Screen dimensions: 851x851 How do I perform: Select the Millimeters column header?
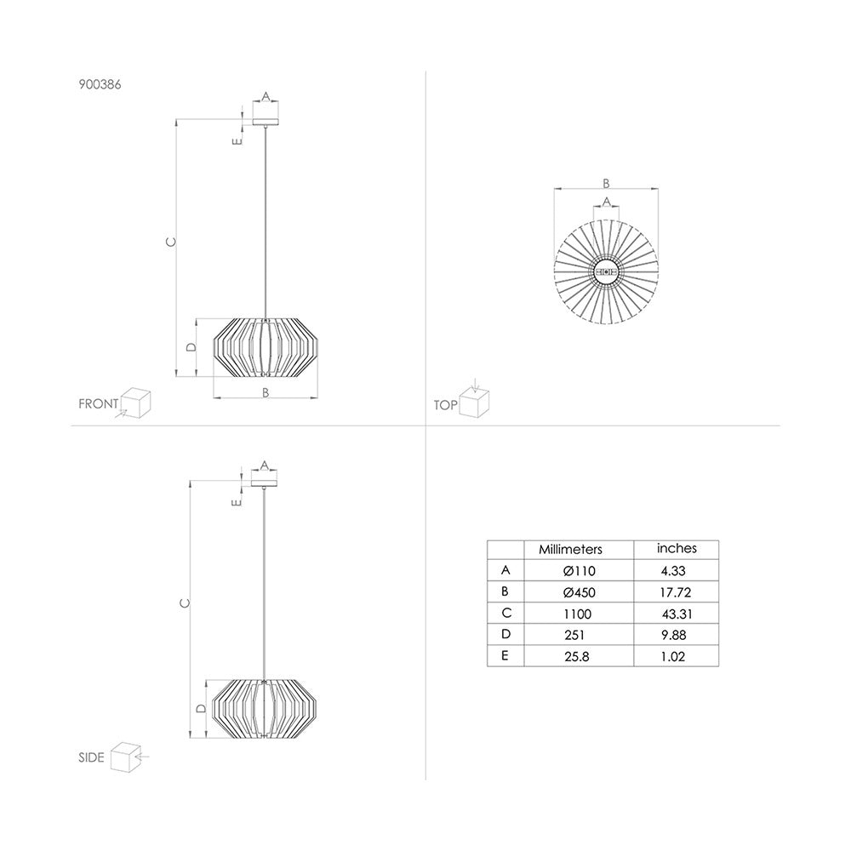pyautogui.click(x=570, y=551)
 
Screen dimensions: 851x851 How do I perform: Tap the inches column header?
pyautogui.click(x=677, y=549)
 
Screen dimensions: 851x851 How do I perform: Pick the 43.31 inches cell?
pyautogui.click(x=677, y=614)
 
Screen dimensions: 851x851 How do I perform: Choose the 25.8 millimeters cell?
pyautogui.click(x=577, y=656)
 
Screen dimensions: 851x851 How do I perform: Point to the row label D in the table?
pyautogui.click(x=506, y=635)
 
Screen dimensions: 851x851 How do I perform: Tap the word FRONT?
pyautogui.click(x=99, y=404)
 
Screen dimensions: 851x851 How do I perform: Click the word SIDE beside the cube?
pyautogui.click(x=91, y=757)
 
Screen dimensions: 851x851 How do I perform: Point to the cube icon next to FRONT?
pyautogui.click(x=135, y=402)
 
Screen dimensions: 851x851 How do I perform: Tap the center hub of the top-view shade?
pyautogui.click(x=606, y=271)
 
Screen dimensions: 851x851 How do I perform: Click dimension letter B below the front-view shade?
pyautogui.click(x=266, y=392)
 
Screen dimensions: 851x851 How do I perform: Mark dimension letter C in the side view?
pyautogui.click(x=185, y=603)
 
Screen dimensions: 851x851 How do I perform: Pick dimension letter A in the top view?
pyautogui.click(x=606, y=201)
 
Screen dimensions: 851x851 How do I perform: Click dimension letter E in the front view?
pyautogui.click(x=236, y=140)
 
